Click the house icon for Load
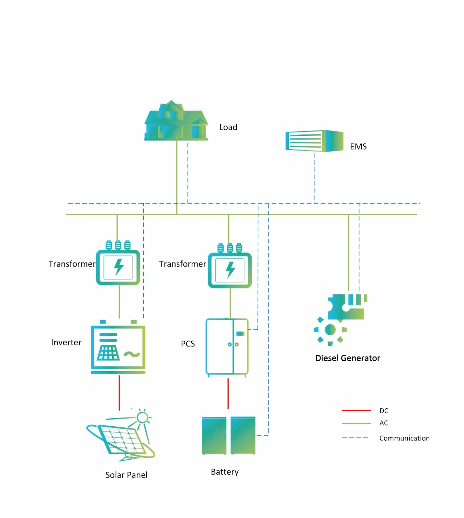pyautogui.click(x=176, y=121)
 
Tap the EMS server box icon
pyautogui.click(x=314, y=141)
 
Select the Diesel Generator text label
pyautogui.click(x=347, y=358)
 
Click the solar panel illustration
pyautogui.click(x=121, y=439)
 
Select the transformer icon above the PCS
pyautogui.click(x=230, y=269)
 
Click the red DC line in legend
pyautogui.click(x=356, y=411)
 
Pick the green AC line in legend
pyautogui.click(x=356, y=423)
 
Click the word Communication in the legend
pyautogui.click(x=404, y=438)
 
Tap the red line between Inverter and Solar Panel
pyautogui.click(x=119, y=393)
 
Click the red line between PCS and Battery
pyautogui.click(x=228, y=394)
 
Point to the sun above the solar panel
pyautogui.click(x=142, y=417)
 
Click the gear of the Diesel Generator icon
pyautogui.click(x=330, y=330)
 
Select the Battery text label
pyautogui.click(x=224, y=472)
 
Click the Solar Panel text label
pyautogui.click(x=126, y=475)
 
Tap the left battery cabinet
pyautogui.click(x=214, y=435)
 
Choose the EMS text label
pyautogui.click(x=358, y=147)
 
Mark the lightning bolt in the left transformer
pyautogui.click(x=119, y=267)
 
